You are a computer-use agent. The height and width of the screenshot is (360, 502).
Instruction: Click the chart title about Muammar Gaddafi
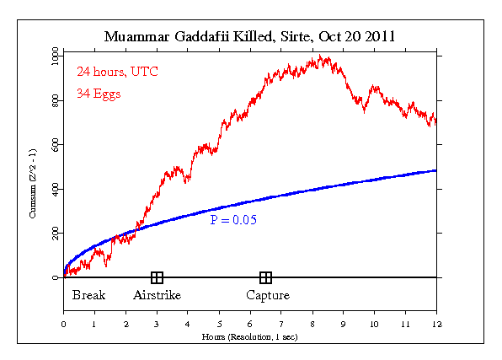coord(250,37)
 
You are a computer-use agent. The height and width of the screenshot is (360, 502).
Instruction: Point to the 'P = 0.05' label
coord(233,221)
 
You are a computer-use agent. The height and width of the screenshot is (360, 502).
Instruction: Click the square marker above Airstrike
coord(157,277)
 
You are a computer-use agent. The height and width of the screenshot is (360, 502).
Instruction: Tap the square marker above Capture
coord(265,277)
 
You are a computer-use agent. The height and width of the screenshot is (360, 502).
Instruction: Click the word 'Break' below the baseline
coord(88,295)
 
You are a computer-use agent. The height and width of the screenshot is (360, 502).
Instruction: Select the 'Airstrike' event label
coord(157,295)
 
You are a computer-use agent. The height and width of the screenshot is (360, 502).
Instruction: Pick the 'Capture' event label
coord(268,295)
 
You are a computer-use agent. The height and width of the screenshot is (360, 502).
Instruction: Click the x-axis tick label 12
coord(436,324)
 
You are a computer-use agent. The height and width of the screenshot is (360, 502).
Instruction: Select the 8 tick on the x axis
coord(312,324)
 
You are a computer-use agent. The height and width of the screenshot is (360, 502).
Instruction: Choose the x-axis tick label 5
coord(219,324)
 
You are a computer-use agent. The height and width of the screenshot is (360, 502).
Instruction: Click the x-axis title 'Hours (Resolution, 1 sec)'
coord(250,336)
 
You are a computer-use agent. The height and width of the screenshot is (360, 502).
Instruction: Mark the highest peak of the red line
coord(319,56)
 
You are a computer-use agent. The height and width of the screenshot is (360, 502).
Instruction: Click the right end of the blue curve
coord(435,170)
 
